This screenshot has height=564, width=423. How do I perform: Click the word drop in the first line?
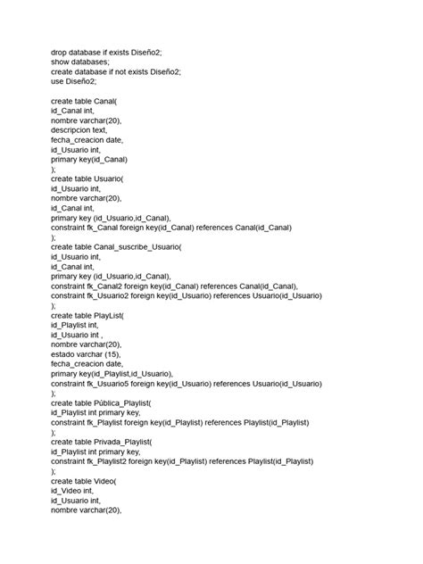point(59,53)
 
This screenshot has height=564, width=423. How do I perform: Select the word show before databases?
point(61,62)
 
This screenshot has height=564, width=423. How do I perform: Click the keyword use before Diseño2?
point(57,82)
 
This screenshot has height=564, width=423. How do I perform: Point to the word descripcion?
point(74,130)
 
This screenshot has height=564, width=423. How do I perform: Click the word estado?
point(65,353)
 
